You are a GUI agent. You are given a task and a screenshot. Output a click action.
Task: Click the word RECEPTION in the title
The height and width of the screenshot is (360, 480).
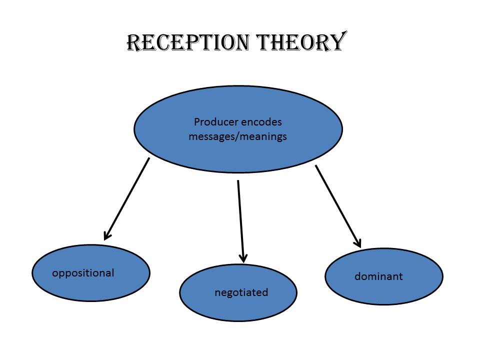point(186,42)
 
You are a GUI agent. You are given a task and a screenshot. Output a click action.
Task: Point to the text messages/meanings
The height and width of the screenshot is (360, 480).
point(237,136)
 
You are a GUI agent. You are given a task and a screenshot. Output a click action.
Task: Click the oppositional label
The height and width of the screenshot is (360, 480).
point(83,273)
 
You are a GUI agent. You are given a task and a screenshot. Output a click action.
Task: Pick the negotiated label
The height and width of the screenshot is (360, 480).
point(241,292)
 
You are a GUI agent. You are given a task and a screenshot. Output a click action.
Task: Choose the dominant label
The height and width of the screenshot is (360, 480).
point(378,276)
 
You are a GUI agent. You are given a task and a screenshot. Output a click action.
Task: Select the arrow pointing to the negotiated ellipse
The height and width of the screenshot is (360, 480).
point(240,220)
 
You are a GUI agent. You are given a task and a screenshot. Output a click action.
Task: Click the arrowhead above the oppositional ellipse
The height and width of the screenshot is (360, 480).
point(106,235)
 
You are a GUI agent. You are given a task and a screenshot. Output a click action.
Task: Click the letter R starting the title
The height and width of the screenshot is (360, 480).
point(132,42)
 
